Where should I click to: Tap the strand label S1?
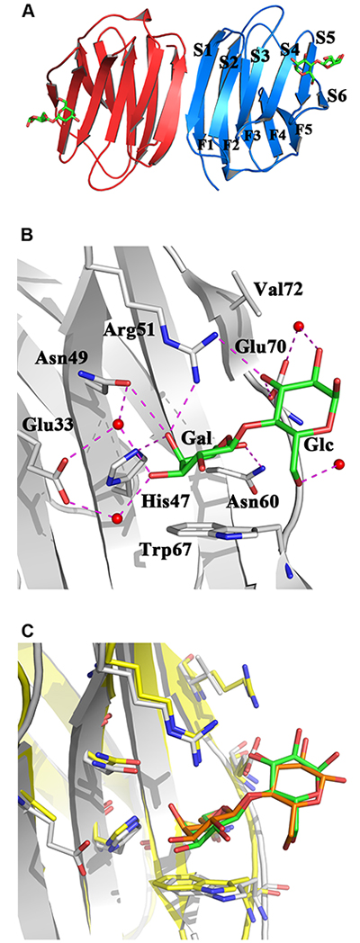click(x=203, y=49)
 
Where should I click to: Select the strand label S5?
click(x=325, y=37)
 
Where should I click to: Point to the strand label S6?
click(x=337, y=95)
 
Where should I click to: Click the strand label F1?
click(x=206, y=144)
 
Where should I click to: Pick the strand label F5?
click(x=303, y=130)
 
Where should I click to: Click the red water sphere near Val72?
click(x=297, y=327)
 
